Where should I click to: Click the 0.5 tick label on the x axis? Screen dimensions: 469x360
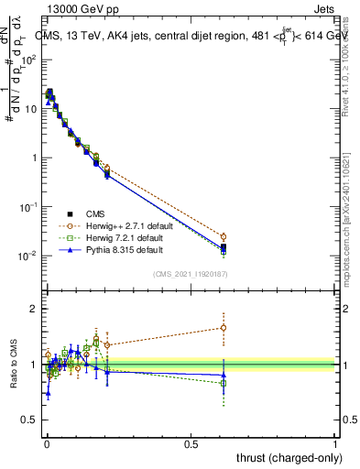[191, 442]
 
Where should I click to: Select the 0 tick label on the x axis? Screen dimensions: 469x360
[47, 442]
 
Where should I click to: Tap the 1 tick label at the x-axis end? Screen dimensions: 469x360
[335, 442]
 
